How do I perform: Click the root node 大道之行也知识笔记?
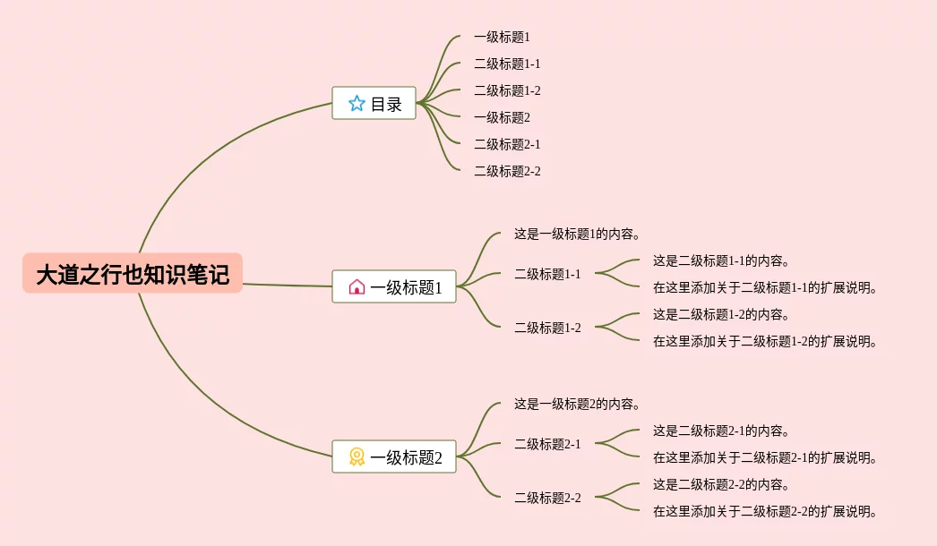coord(133,274)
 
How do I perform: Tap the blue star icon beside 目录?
coord(357,104)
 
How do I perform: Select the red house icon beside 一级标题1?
coord(357,287)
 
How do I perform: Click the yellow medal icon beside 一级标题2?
coord(357,457)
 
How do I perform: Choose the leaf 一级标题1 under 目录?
coord(502,38)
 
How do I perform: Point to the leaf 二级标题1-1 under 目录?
coord(507,64)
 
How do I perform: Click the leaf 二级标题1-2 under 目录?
coord(507,91)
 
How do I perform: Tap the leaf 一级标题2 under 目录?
coord(502,117)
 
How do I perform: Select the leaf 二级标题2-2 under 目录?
coord(507,171)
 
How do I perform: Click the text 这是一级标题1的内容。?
coord(577,235)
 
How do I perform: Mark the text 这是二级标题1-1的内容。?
coord(721,261)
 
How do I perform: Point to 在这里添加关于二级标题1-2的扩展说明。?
coord(765,341)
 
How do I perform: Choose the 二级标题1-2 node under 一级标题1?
coord(547,328)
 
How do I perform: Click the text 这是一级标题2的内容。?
coord(577,405)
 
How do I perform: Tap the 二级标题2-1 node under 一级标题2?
coord(547,444)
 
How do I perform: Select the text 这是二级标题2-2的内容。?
coord(721,485)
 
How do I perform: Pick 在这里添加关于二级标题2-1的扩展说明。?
coord(765,458)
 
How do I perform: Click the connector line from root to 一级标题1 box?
coord(287,286)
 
